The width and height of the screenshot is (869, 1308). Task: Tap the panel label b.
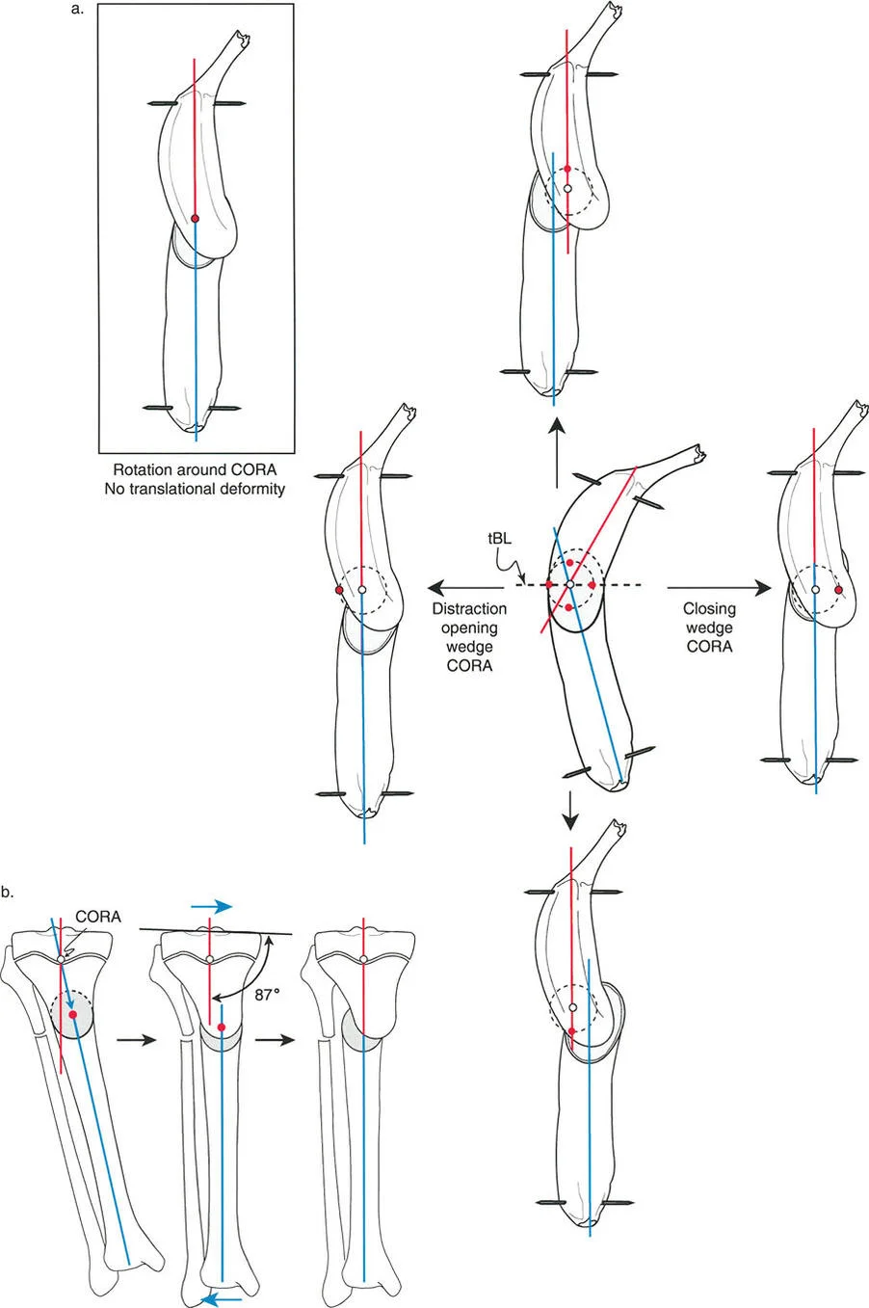click(x=7, y=894)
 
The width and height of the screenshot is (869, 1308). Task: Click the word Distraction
click(x=463, y=609)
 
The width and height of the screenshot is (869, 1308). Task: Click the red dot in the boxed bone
click(x=195, y=220)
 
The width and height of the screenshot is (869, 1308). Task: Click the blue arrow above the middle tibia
click(x=212, y=907)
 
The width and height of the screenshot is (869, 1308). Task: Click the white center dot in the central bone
click(x=570, y=585)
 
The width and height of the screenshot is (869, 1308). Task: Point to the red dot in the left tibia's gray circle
click(x=72, y=1015)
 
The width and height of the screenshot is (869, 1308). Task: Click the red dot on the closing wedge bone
click(x=839, y=588)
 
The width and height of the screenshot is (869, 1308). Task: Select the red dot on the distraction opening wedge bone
click(x=339, y=589)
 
